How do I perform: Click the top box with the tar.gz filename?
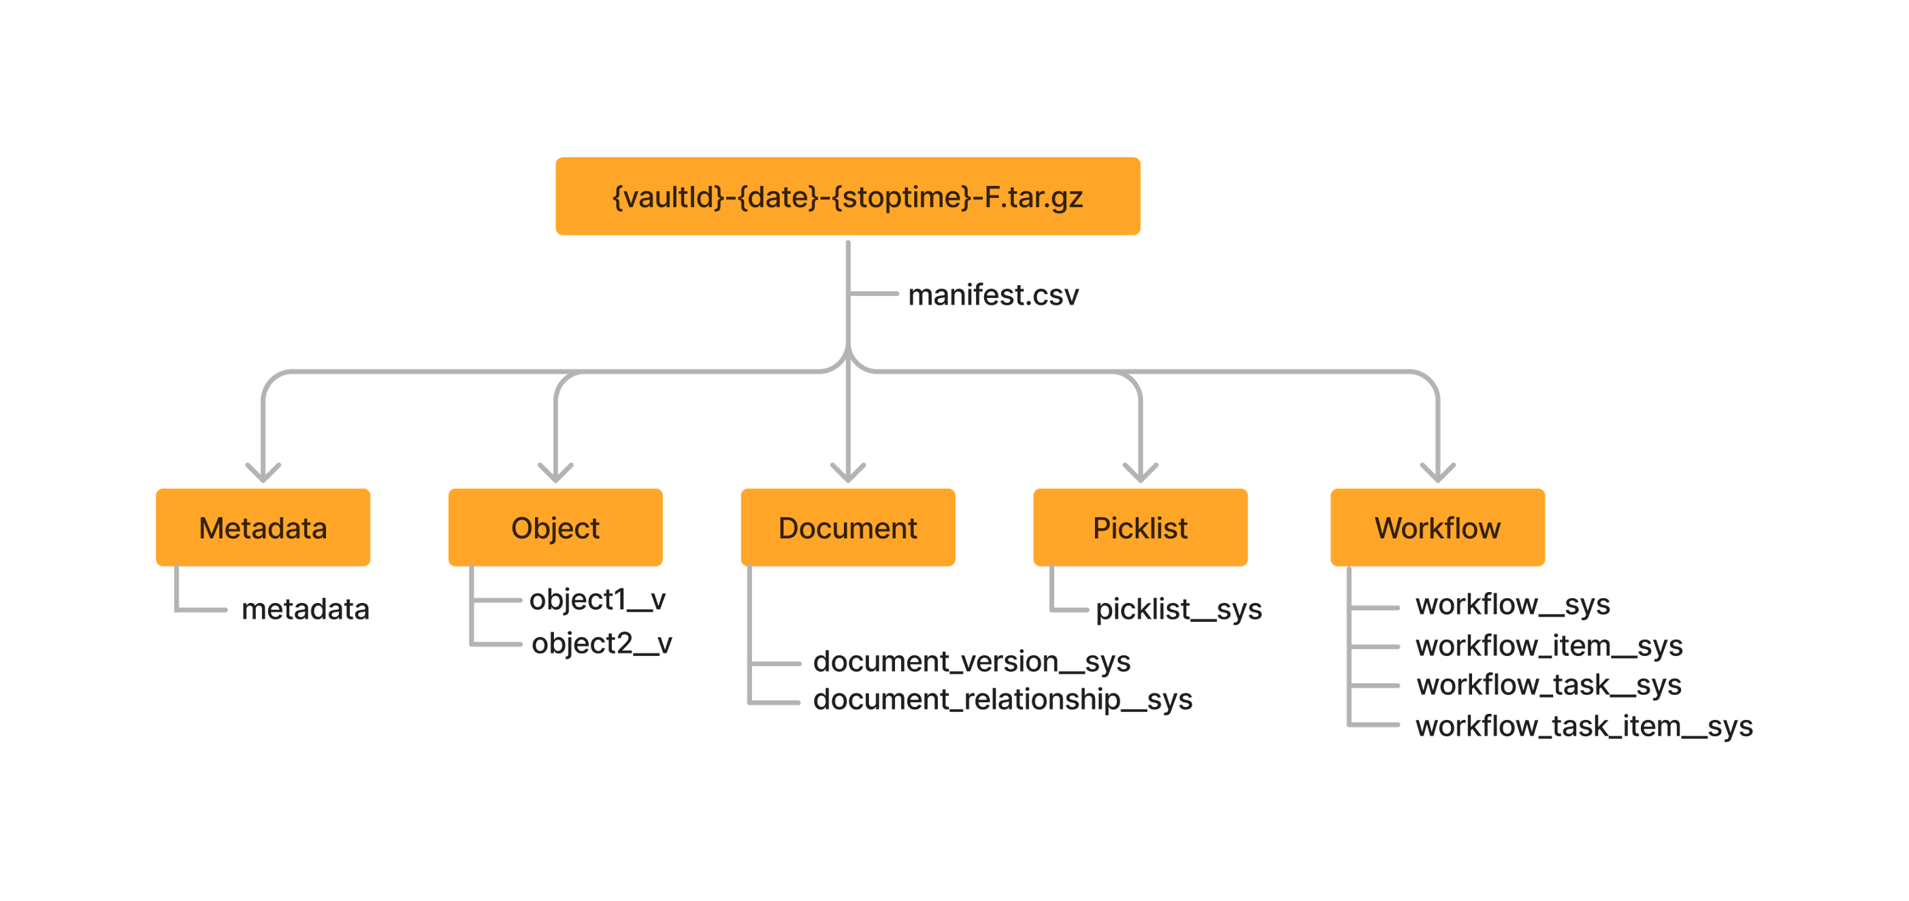(x=848, y=197)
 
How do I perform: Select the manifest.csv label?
(x=993, y=295)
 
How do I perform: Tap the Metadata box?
(x=263, y=527)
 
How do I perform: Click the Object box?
(x=555, y=527)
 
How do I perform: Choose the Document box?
(x=848, y=527)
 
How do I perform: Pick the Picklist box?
(x=1140, y=527)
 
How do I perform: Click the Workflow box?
(x=1437, y=527)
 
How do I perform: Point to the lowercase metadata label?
(x=306, y=609)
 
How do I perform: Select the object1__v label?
(x=598, y=599)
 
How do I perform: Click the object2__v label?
(x=601, y=642)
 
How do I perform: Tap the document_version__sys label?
(x=972, y=661)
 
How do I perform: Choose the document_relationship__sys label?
(x=1002, y=699)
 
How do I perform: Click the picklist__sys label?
(x=1178, y=609)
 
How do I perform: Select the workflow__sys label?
(x=1512, y=604)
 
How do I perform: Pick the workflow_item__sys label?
(x=1549, y=645)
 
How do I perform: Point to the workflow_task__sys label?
(x=1549, y=685)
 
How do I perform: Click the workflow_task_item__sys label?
(x=1584, y=726)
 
